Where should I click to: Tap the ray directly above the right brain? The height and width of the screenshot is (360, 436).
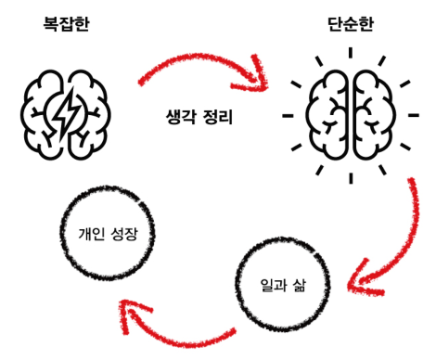coord(349,49)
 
